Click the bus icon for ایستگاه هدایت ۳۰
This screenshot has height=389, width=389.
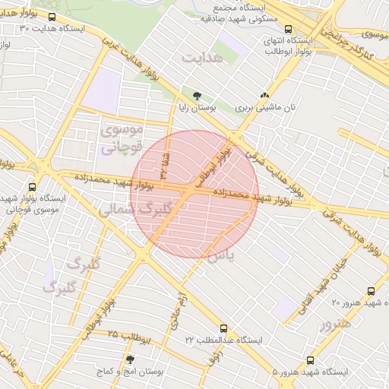pos(52,17)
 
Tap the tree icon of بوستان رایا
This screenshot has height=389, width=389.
pos(198,96)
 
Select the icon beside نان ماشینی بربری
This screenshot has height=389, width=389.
pos(264,96)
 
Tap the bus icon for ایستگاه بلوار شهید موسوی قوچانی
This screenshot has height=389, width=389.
pos(32,186)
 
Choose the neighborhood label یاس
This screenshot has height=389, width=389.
pos(220,256)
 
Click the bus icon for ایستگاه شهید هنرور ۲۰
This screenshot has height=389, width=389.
pos(371,290)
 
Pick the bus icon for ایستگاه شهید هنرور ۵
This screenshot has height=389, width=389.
pos(309,360)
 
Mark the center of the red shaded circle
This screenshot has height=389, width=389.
pos(194,194)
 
